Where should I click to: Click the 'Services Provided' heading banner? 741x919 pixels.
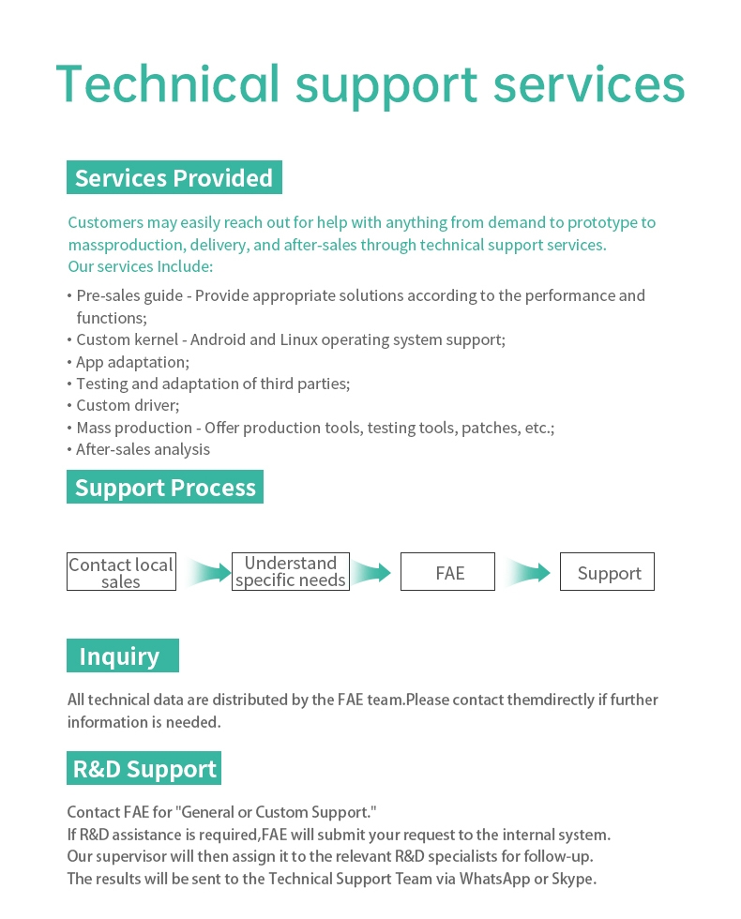(174, 177)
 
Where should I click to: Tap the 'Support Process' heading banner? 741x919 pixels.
(165, 487)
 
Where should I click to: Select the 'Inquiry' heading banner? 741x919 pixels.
(123, 655)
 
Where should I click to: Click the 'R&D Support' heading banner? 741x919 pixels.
(144, 768)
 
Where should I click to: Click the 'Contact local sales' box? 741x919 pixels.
(121, 571)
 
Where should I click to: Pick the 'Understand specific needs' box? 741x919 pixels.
(291, 571)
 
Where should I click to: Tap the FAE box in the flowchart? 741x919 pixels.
(448, 571)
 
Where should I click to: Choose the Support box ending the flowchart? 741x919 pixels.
(608, 571)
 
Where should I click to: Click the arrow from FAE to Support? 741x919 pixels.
(527, 572)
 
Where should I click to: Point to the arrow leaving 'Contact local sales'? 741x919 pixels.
(208, 572)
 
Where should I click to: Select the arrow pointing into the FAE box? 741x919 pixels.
(370, 572)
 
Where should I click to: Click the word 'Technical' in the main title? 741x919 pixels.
(168, 83)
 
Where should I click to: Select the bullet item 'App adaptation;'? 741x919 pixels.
(132, 362)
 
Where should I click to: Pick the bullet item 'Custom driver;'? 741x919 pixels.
(128, 405)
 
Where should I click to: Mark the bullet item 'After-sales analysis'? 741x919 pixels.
(143, 449)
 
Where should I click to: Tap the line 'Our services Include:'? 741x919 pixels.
(141, 266)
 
